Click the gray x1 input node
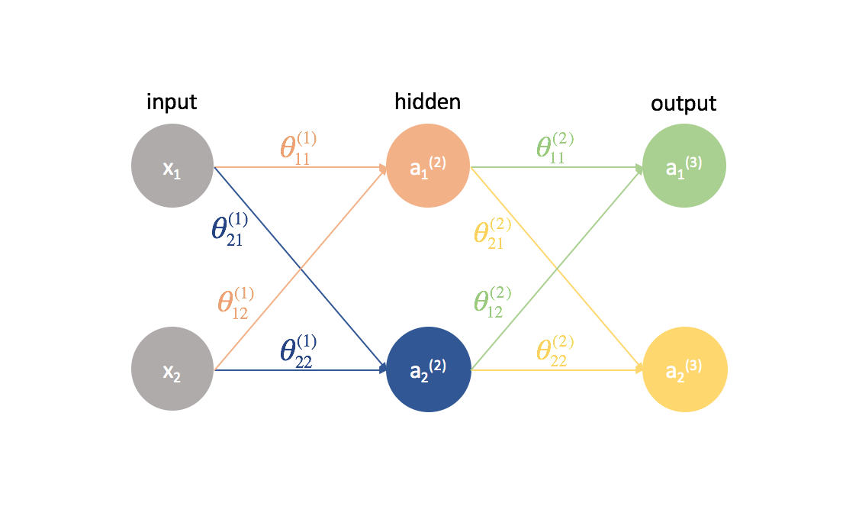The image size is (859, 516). (172, 166)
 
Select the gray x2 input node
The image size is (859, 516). (172, 369)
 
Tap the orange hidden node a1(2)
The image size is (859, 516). (429, 166)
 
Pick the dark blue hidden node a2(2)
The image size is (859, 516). (429, 369)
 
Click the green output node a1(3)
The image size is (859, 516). (684, 166)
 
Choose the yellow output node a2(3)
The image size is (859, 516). (684, 369)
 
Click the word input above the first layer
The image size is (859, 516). (172, 102)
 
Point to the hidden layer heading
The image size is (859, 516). (427, 102)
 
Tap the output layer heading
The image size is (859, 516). (684, 103)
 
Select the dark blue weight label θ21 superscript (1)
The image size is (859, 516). (230, 229)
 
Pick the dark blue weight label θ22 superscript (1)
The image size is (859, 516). (298, 350)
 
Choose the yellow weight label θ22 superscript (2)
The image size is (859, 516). (555, 350)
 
